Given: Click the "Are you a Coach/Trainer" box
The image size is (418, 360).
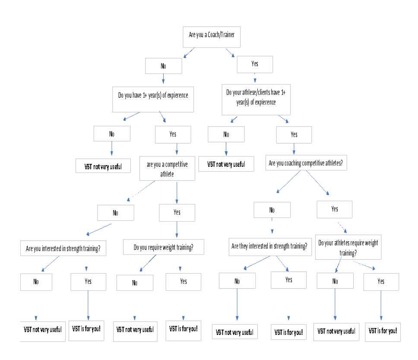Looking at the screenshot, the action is pos(212,37).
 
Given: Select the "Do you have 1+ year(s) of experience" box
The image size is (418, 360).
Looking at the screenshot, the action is pos(153,99).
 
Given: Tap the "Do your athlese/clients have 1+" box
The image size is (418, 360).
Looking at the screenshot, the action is pos(256,100).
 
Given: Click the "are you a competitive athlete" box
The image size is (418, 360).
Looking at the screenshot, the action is pos(167,169).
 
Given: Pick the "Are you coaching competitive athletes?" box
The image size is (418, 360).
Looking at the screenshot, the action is pos(306,163).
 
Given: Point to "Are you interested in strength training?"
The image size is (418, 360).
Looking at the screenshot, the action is pos(63,248).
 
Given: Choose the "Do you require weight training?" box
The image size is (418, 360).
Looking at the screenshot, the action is pos(163,247).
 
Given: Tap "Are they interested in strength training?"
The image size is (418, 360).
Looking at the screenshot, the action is pos(270,247).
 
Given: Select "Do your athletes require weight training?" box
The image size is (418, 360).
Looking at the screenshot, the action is pos(348,247).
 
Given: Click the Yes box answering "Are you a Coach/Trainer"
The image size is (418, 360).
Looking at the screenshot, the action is pos(255,64).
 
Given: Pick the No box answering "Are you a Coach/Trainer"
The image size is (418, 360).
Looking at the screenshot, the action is pos(163,66).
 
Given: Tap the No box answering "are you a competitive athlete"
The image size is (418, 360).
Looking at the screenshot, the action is pos(115,213).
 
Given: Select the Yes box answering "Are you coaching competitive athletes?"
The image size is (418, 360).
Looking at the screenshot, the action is pos(334,210).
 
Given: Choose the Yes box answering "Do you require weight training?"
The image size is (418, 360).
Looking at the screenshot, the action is pos(184,282).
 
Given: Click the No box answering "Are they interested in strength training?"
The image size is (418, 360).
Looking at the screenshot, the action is pos(237,281).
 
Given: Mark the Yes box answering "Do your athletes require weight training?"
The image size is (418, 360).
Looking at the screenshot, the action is pos(381,282).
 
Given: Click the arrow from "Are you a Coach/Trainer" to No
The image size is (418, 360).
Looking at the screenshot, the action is pos(189,53).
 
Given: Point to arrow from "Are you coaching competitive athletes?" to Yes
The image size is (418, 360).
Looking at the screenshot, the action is pos(317,182).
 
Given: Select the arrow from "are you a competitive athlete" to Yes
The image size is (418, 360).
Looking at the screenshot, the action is pos(177,192).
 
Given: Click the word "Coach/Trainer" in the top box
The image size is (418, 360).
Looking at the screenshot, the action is pos(221,35).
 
